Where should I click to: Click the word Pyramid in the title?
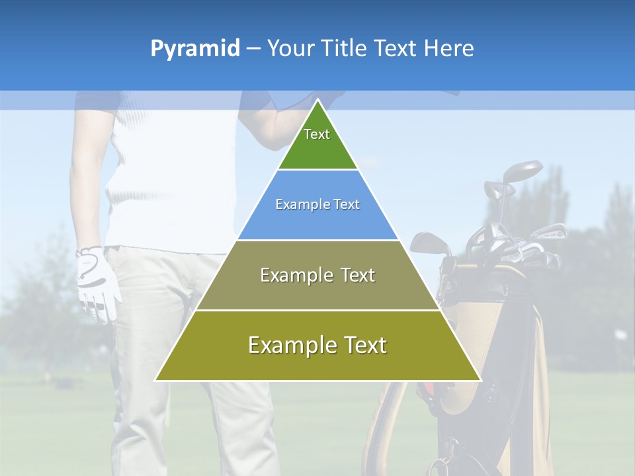pos(195,49)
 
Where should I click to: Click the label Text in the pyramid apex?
pos(317,134)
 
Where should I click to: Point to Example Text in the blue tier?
pos(317,204)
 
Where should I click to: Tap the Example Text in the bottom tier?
pos(317,345)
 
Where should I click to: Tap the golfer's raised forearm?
pos(278,126)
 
